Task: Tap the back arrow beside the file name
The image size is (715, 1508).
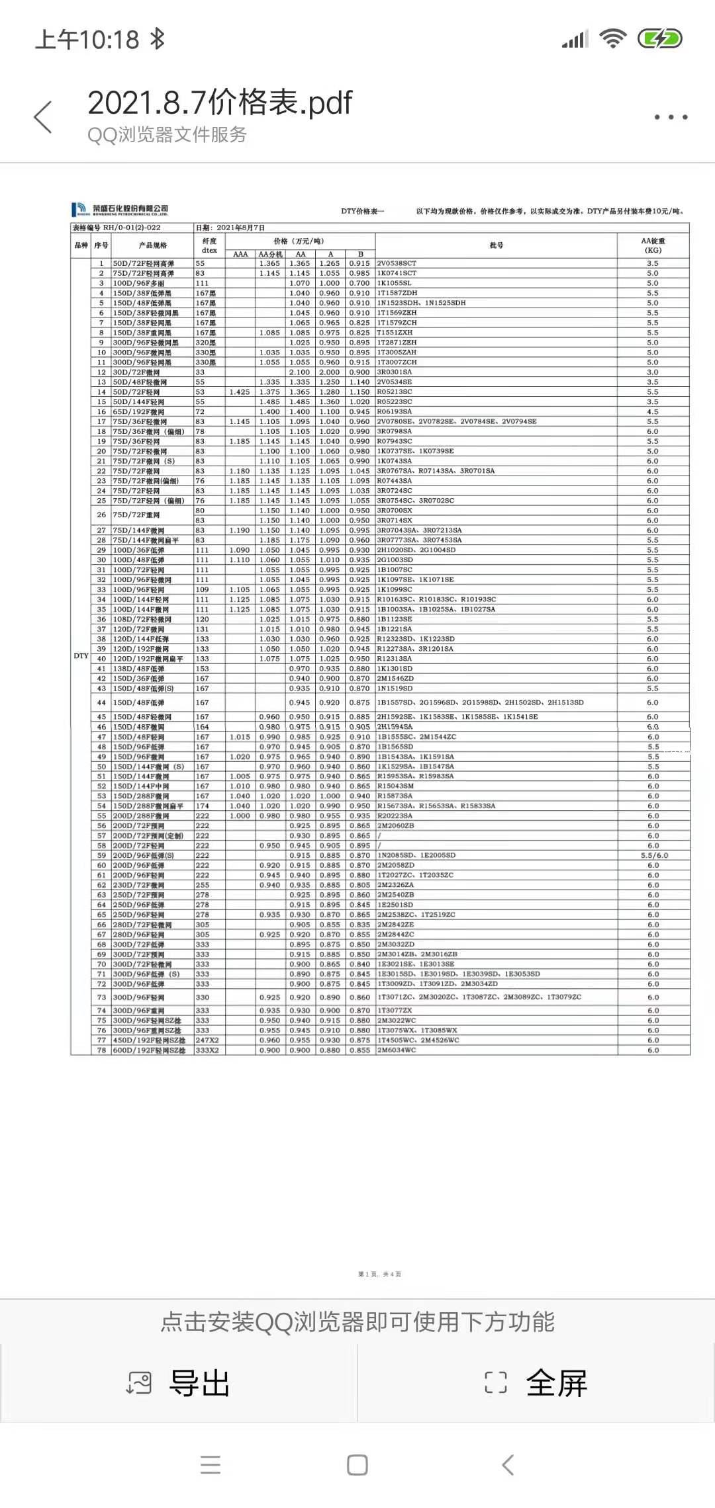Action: [43, 117]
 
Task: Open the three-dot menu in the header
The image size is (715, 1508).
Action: [671, 117]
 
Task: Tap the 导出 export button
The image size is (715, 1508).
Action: [179, 1383]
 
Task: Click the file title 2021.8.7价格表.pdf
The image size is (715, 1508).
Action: [220, 103]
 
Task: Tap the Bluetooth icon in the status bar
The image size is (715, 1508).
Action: [157, 39]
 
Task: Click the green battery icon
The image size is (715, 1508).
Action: [659, 39]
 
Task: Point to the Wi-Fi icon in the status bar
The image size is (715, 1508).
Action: [612, 39]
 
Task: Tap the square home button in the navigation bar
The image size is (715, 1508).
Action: [358, 1465]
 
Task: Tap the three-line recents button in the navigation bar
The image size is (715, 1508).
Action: [211, 1465]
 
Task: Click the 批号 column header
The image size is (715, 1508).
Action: [496, 245]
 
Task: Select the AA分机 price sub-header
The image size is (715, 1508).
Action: [270, 254]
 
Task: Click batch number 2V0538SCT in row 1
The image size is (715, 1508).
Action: [397, 263]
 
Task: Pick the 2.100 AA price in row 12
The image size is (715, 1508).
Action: [299, 372]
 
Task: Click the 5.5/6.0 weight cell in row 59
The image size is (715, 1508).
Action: [654, 855]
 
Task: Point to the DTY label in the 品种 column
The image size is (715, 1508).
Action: [81, 655]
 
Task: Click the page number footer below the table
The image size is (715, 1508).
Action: [379, 1274]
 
